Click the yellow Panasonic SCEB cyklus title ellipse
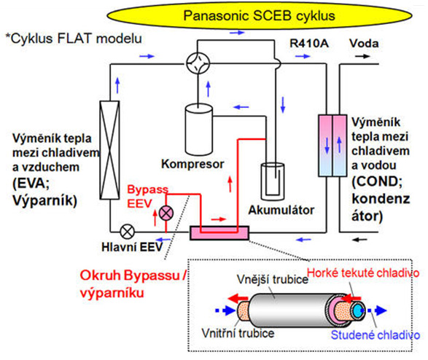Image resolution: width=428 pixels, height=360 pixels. pos(259,16)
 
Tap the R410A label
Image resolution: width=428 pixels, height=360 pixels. pos(309,44)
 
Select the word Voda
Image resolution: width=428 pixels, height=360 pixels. pos(364,44)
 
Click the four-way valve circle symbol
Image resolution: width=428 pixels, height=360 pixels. pos(198,63)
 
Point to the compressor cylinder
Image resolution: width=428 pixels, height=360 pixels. pos(199,130)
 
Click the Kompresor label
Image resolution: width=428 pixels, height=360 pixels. pos(192,164)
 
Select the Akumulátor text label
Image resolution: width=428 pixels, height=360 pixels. pos(281,210)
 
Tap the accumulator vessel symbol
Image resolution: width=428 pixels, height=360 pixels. pos(273,181)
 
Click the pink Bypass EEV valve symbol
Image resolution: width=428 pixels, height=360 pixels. pos(166,213)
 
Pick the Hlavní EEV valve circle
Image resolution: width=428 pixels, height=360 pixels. pos(127,232)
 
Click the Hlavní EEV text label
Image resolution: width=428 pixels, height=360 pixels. pos(132,247)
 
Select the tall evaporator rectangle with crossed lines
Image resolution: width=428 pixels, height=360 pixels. pos(109,150)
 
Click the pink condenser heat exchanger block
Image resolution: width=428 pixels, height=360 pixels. pos(332,146)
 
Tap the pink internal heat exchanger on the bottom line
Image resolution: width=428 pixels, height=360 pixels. pos(219,233)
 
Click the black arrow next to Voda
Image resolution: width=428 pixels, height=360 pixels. pos(362,56)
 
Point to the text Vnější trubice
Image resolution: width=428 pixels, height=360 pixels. pos(273,279)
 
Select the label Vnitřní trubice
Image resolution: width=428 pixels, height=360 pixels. pos(238,333)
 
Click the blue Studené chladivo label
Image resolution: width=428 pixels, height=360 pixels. pos(376,335)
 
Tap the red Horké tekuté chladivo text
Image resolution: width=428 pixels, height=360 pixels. pos(363,273)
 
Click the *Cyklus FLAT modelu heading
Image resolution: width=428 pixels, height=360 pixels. pos(74,39)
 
